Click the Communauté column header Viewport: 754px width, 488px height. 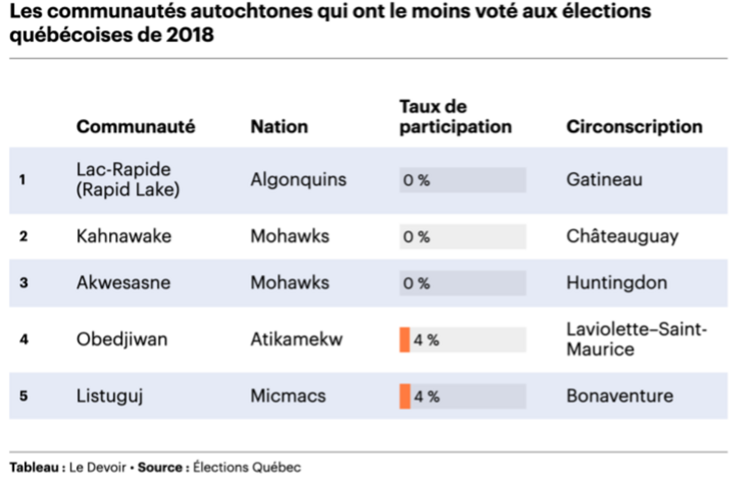[x=136, y=127]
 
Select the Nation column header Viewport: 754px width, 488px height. [x=279, y=127]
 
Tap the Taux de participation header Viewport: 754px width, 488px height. [x=455, y=117]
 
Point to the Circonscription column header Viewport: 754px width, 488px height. [x=634, y=127]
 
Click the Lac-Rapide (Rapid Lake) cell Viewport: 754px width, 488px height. [x=127, y=180]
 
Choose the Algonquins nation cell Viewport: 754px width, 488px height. [x=299, y=180]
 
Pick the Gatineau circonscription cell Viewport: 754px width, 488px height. [x=604, y=180]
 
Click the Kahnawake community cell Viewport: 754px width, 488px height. [x=124, y=236]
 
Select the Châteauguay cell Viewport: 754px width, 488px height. [x=622, y=236]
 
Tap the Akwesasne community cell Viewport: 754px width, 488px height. [x=123, y=283]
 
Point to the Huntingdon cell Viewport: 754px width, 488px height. [x=617, y=283]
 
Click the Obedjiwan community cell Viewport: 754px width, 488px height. [x=122, y=339]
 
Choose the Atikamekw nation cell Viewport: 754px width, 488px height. [x=296, y=339]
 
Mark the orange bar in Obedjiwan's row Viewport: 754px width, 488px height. [x=404, y=340]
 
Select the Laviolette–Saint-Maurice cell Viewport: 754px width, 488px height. [x=636, y=339]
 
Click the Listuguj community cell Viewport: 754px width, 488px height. [x=110, y=396]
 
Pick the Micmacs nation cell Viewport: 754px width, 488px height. [x=288, y=396]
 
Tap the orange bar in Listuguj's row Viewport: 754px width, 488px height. [x=405, y=396]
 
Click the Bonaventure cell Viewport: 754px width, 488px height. [x=620, y=396]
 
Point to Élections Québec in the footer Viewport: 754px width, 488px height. [x=247, y=467]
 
